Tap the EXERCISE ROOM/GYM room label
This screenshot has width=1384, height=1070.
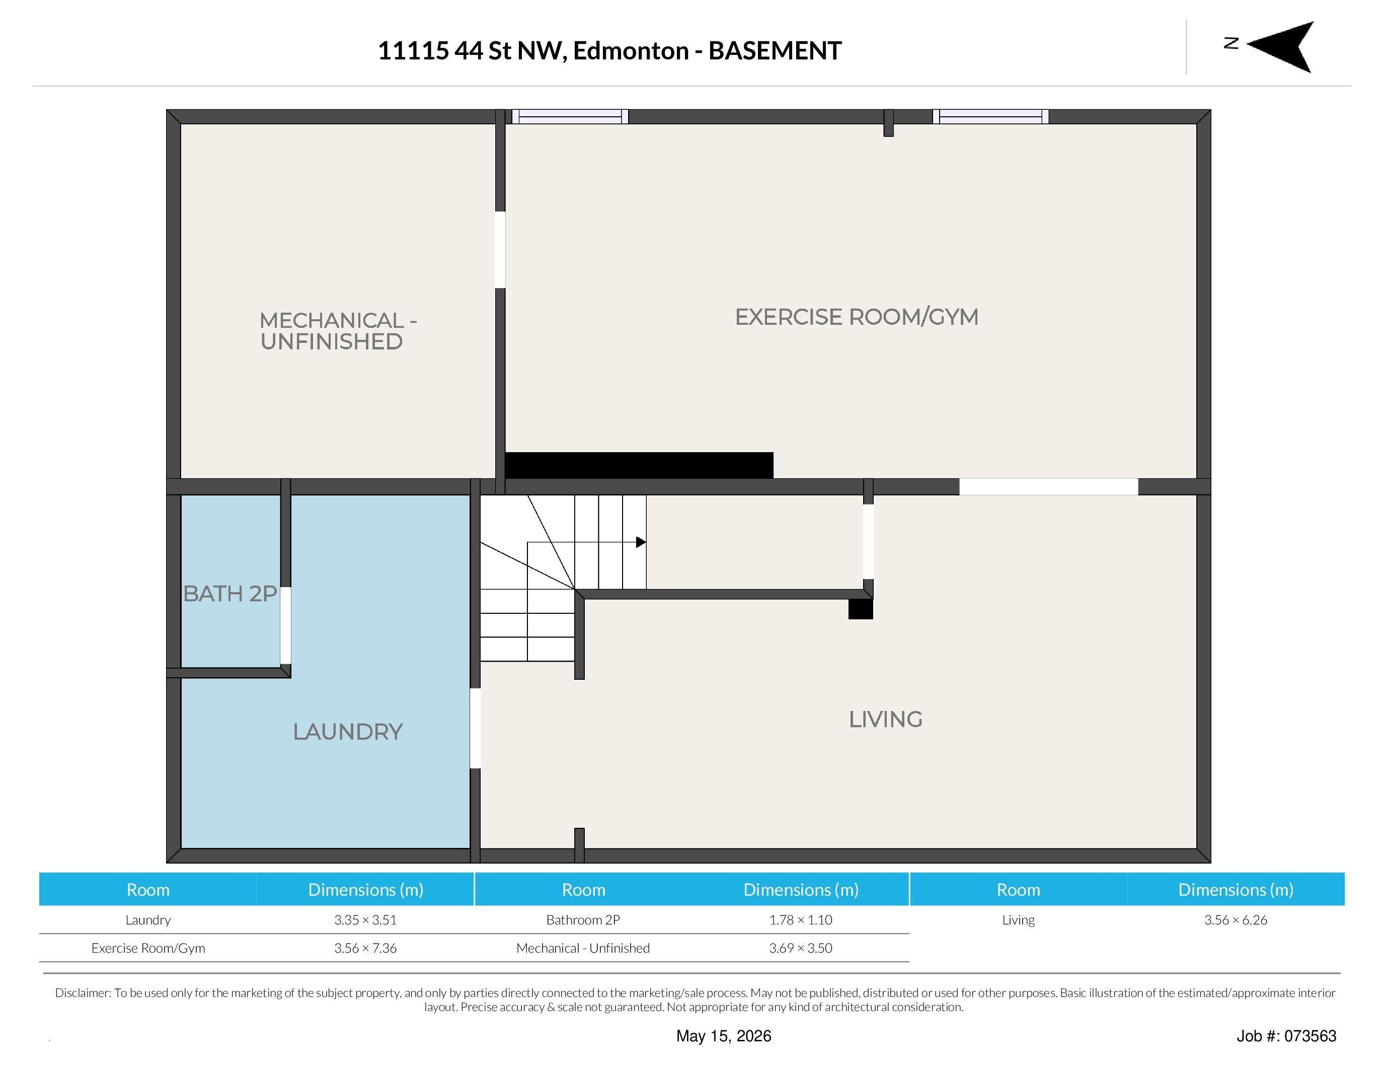pos(857,317)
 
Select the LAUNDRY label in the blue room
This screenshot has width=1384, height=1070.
pos(348,732)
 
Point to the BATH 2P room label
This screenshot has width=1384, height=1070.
pos(230,594)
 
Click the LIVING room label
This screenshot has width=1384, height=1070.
pos(885,720)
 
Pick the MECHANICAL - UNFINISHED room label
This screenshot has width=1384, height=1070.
pos(338,331)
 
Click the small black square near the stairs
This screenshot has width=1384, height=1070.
pos(861,609)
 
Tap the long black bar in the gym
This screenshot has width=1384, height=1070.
pos(639,465)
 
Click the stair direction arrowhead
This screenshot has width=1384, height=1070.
pos(641,542)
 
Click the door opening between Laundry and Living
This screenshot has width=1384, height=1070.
pos(475,728)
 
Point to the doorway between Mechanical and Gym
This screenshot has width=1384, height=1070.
pos(500,250)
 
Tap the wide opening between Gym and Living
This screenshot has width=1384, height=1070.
pos(1049,487)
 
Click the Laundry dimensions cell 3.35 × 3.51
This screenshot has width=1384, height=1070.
pos(366,920)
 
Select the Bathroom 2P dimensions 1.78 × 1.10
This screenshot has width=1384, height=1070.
pos(801,920)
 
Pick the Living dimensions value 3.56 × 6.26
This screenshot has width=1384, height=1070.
pos(1236,920)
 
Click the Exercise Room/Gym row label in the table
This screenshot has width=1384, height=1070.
pos(148,948)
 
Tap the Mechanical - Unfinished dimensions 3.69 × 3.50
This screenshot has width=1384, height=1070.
pos(801,948)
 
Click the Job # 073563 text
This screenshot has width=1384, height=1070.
pos(1286,1036)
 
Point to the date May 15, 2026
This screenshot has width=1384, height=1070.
pos(724,1036)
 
